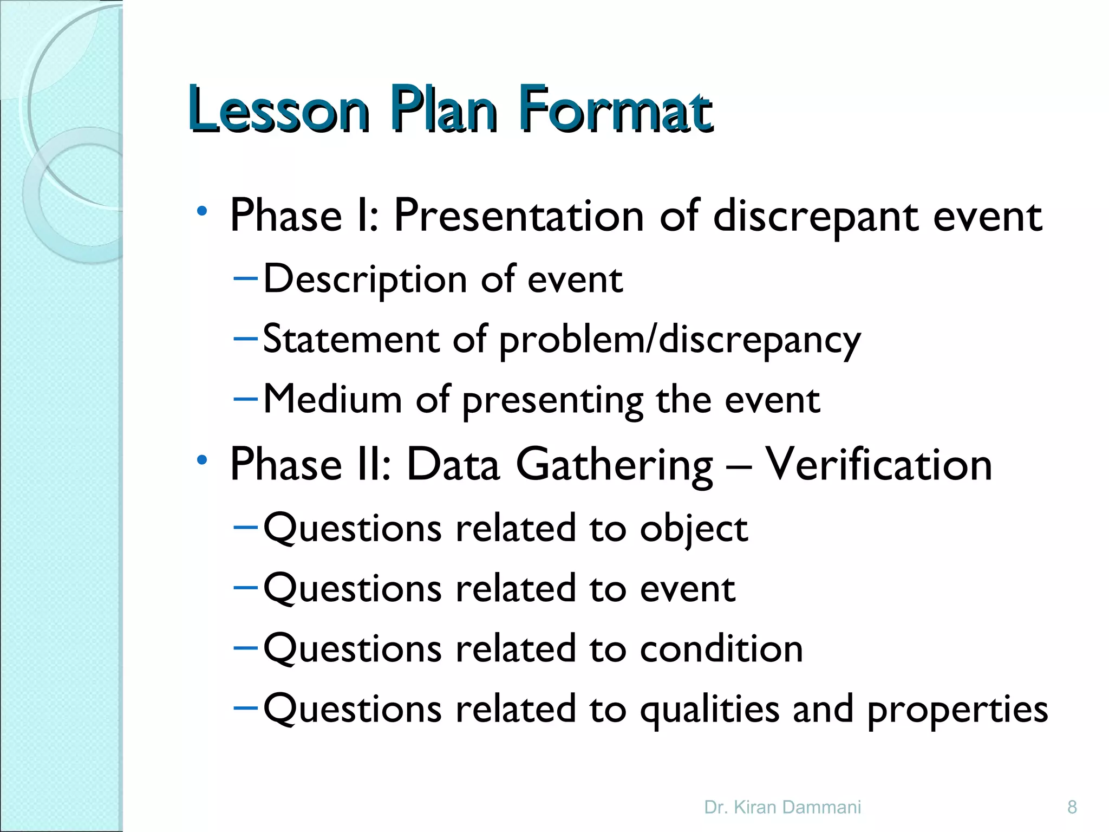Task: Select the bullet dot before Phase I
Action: click(x=202, y=211)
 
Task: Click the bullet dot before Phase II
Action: click(x=202, y=460)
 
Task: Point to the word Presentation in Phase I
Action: click(x=519, y=216)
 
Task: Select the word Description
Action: click(x=365, y=280)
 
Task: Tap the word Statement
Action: click(x=351, y=340)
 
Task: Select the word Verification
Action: click(x=878, y=465)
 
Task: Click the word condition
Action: click(x=721, y=648)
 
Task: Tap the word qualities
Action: click(x=710, y=710)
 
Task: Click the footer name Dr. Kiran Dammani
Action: click(x=782, y=807)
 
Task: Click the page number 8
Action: click(x=1072, y=807)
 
